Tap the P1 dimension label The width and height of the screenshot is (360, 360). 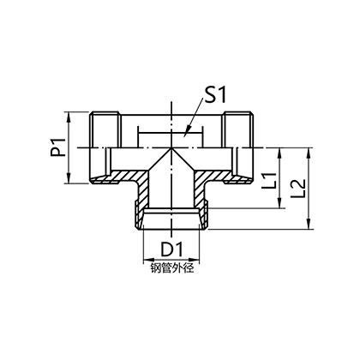(x=59, y=147)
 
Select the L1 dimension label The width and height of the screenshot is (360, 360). (x=269, y=180)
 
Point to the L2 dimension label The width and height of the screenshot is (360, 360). (x=297, y=189)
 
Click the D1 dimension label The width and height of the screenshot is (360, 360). (x=171, y=249)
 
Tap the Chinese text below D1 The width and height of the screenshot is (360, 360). (x=172, y=268)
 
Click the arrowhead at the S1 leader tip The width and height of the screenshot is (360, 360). (x=186, y=133)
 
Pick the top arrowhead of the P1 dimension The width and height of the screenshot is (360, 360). (x=69, y=117)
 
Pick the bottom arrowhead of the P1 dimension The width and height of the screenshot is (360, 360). (x=69, y=179)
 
